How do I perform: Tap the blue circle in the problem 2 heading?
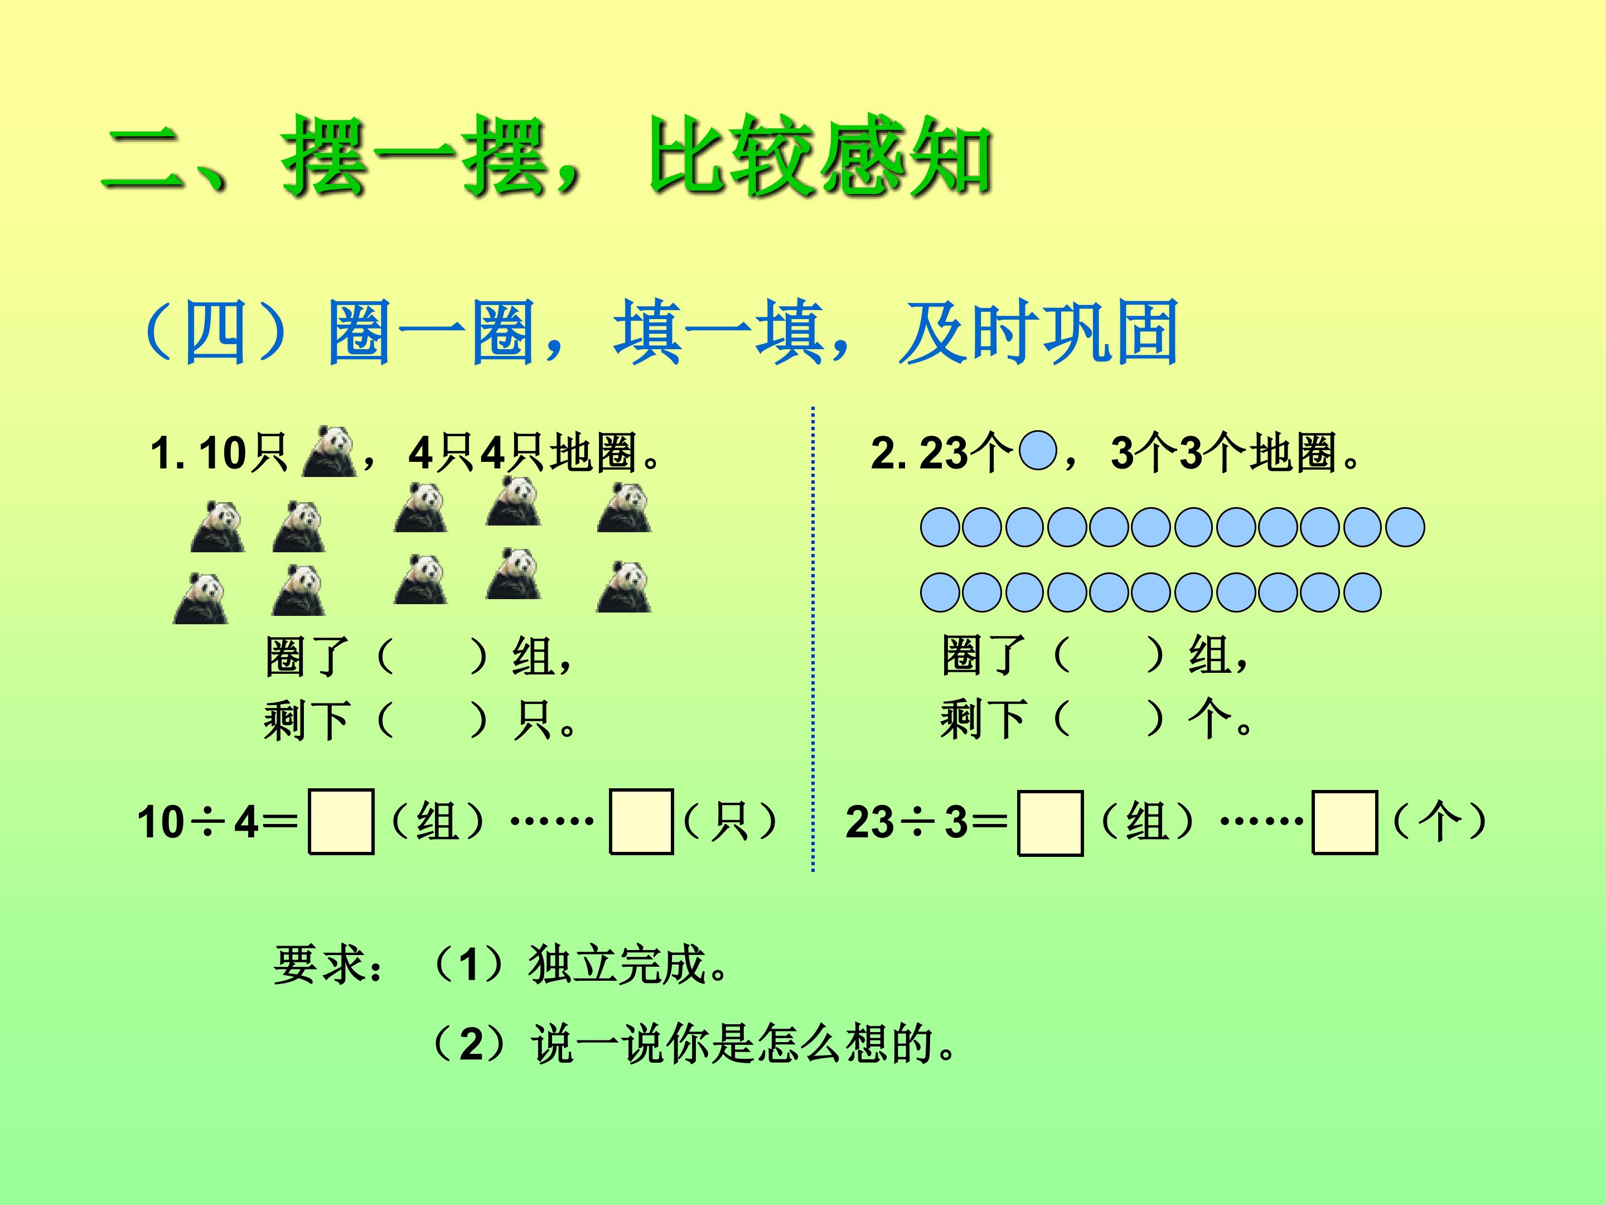pyautogui.click(x=1038, y=451)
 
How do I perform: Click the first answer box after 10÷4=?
pyautogui.click(x=341, y=822)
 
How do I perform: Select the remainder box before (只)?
pyautogui.click(x=641, y=822)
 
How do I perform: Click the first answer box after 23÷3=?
pyautogui.click(x=1051, y=823)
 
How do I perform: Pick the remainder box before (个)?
pyautogui.click(x=1344, y=823)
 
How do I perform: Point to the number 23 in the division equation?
pyautogui.click(x=870, y=823)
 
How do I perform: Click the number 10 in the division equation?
pyautogui.click(x=161, y=822)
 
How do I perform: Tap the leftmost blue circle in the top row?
pyautogui.click(x=940, y=527)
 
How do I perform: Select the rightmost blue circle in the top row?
pyautogui.click(x=1405, y=527)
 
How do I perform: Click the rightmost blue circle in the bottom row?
pyautogui.click(x=1362, y=592)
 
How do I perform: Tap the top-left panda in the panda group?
pyautogui.click(x=218, y=527)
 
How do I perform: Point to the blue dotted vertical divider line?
pyautogui.click(x=812, y=639)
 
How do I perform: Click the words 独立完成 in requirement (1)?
pyautogui.click(x=618, y=965)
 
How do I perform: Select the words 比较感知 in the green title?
pyautogui.click(x=820, y=157)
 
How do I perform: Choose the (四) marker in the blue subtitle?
pyautogui.click(x=215, y=332)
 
